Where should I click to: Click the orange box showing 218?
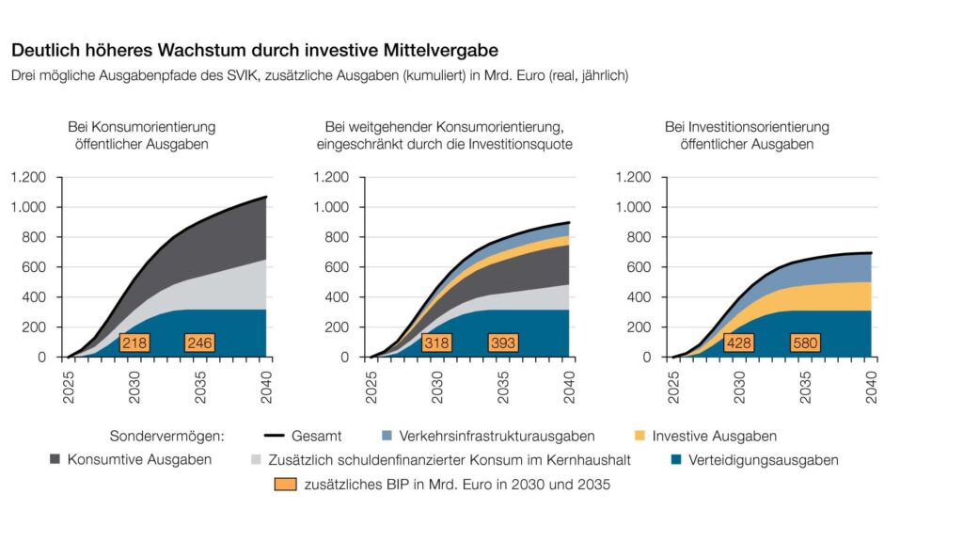tap(134, 343)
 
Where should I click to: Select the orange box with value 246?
tap(199, 343)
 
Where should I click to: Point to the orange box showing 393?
tap(503, 343)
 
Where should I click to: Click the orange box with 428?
tap(738, 343)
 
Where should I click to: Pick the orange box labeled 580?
tap(805, 343)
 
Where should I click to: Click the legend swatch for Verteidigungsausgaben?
tap(676, 460)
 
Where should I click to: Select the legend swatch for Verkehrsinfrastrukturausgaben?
tap(386, 437)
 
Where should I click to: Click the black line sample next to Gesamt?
tap(274, 437)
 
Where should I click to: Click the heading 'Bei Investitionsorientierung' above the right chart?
tap(747, 127)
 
